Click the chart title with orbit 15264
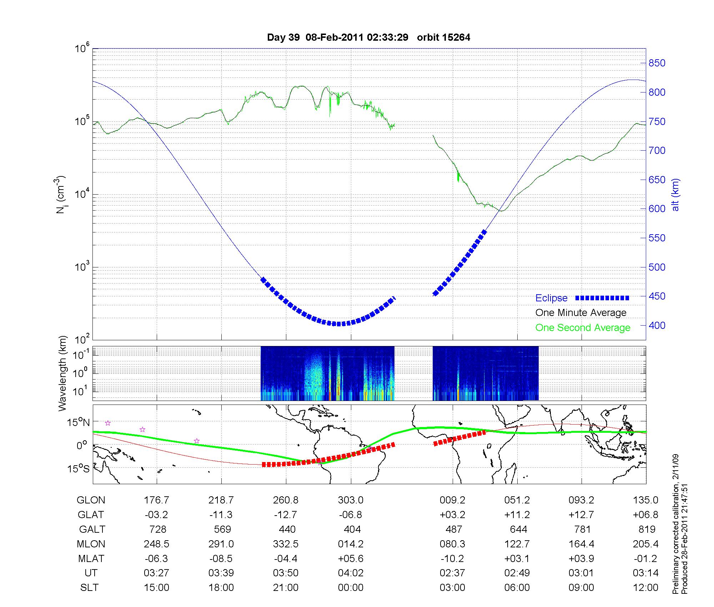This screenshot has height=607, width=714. (x=368, y=37)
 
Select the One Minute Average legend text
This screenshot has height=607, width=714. (x=581, y=313)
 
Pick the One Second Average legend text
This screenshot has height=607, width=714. (x=583, y=328)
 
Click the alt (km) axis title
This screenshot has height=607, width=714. (x=676, y=195)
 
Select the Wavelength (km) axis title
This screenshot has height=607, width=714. (x=62, y=373)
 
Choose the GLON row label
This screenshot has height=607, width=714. (x=91, y=500)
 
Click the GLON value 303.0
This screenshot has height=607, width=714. (x=351, y=500)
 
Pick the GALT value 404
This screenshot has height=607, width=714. (x=352, y=529)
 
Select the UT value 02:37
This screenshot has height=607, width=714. (x=452, y=573)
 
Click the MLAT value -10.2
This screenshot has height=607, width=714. (x=452, y=558)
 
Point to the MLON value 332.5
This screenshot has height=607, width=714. (x=286, y=544)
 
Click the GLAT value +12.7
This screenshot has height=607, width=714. (x=582, y=515)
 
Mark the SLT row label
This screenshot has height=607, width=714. (x=89, y=588)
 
